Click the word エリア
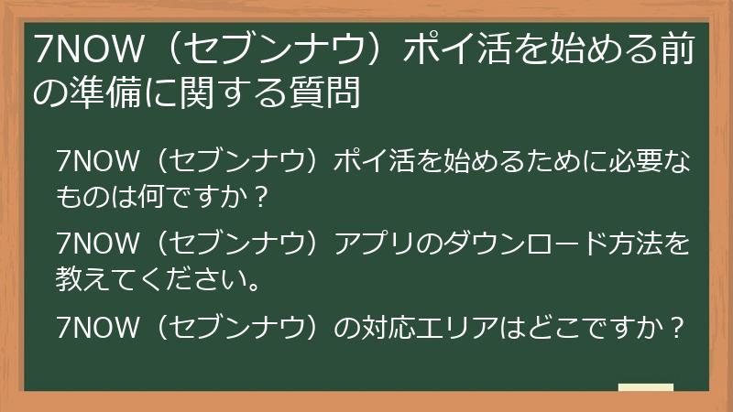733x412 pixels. (471, 328)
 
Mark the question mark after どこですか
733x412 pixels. (677, 328)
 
